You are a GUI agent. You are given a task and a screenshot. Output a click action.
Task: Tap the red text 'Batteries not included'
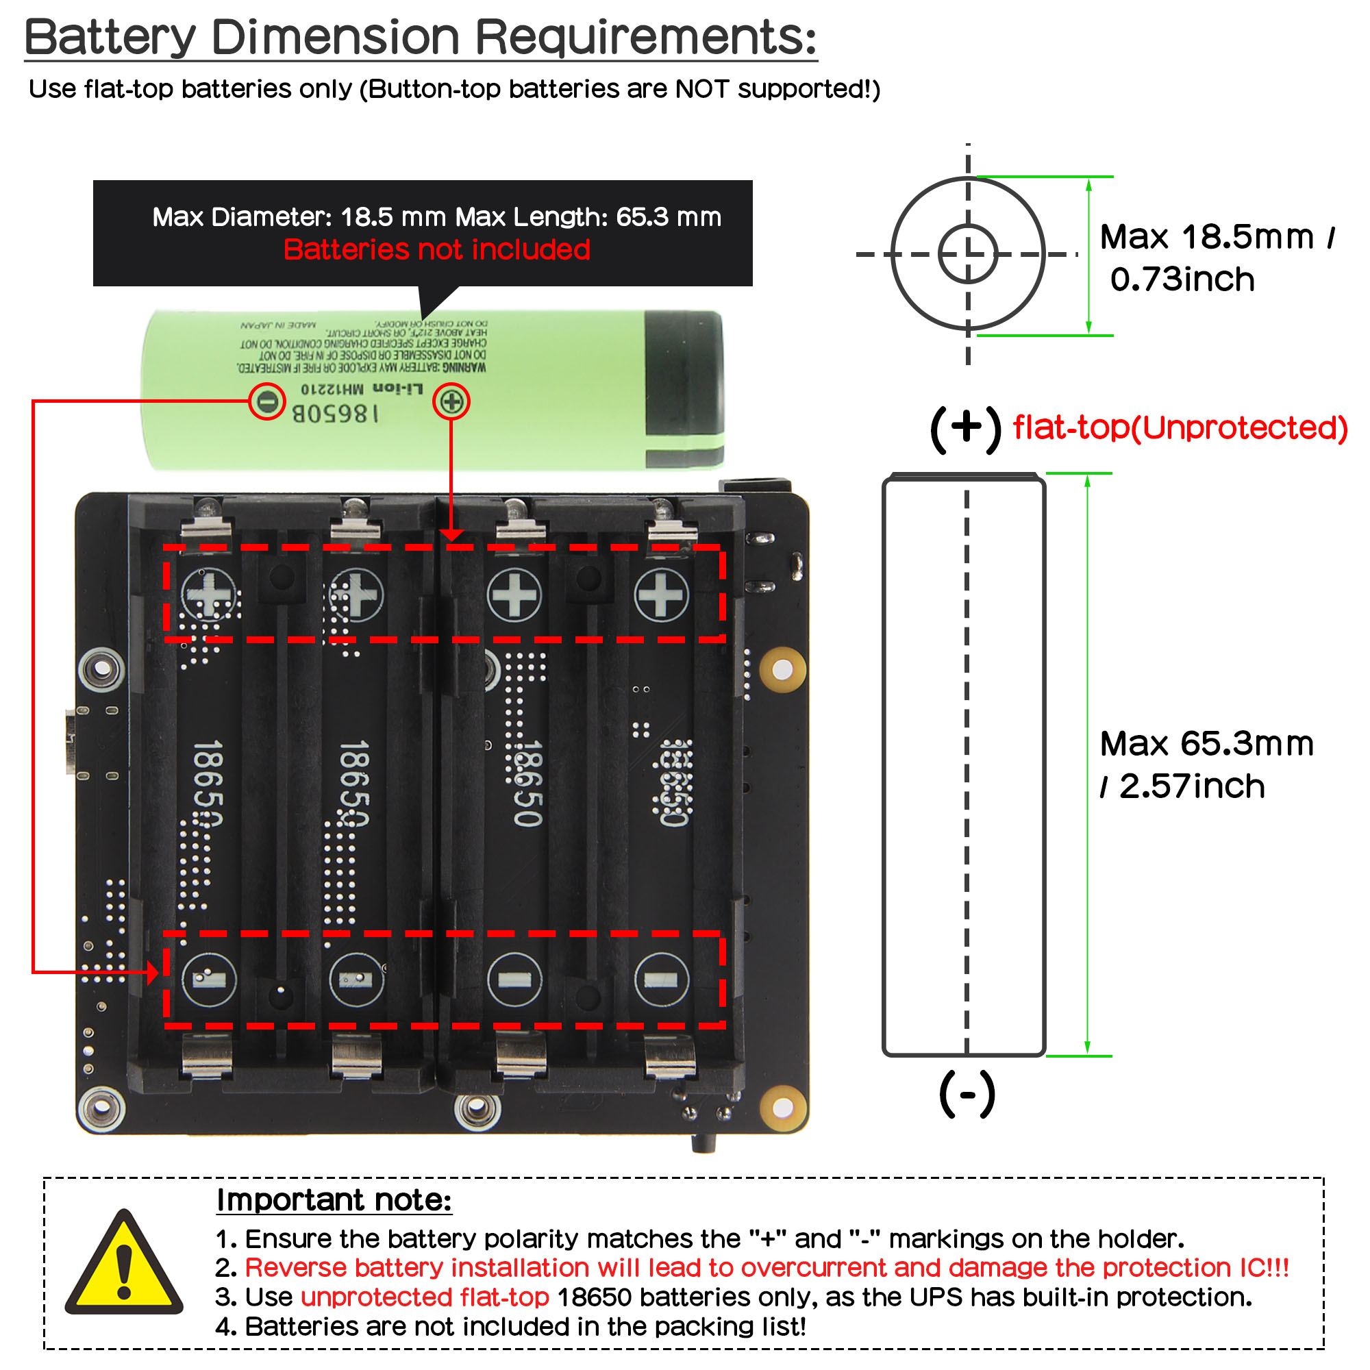[437, 249]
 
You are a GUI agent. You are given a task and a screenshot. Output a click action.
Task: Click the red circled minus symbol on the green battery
[266, 402]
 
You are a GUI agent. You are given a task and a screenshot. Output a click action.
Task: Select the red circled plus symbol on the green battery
[451, 402]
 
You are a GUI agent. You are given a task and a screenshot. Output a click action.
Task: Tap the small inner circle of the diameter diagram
[968, 253]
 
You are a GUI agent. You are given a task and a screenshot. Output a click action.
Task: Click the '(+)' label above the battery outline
[965, 428]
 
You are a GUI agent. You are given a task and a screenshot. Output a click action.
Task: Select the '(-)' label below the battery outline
[967, 1095]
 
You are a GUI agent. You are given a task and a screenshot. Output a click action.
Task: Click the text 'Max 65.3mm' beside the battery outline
[1206, 744]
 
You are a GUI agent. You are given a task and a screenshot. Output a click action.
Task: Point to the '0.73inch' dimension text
[1182, 279]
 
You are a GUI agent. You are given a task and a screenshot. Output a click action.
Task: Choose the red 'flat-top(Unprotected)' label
[1180, 427]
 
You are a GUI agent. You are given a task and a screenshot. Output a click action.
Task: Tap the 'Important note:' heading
[334, 1201]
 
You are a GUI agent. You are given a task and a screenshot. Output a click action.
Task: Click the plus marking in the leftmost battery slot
[208, 594]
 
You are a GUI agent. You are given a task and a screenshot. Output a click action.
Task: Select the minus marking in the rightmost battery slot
[661, 980]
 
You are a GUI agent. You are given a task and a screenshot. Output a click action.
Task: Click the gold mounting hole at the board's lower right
[783, 1107]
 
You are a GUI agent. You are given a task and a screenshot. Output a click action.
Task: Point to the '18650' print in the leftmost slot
[208, 784]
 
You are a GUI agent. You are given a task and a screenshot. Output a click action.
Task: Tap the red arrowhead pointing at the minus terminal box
[153, 973]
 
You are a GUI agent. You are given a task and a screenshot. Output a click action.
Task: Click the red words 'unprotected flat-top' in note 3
[425, 1297]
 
